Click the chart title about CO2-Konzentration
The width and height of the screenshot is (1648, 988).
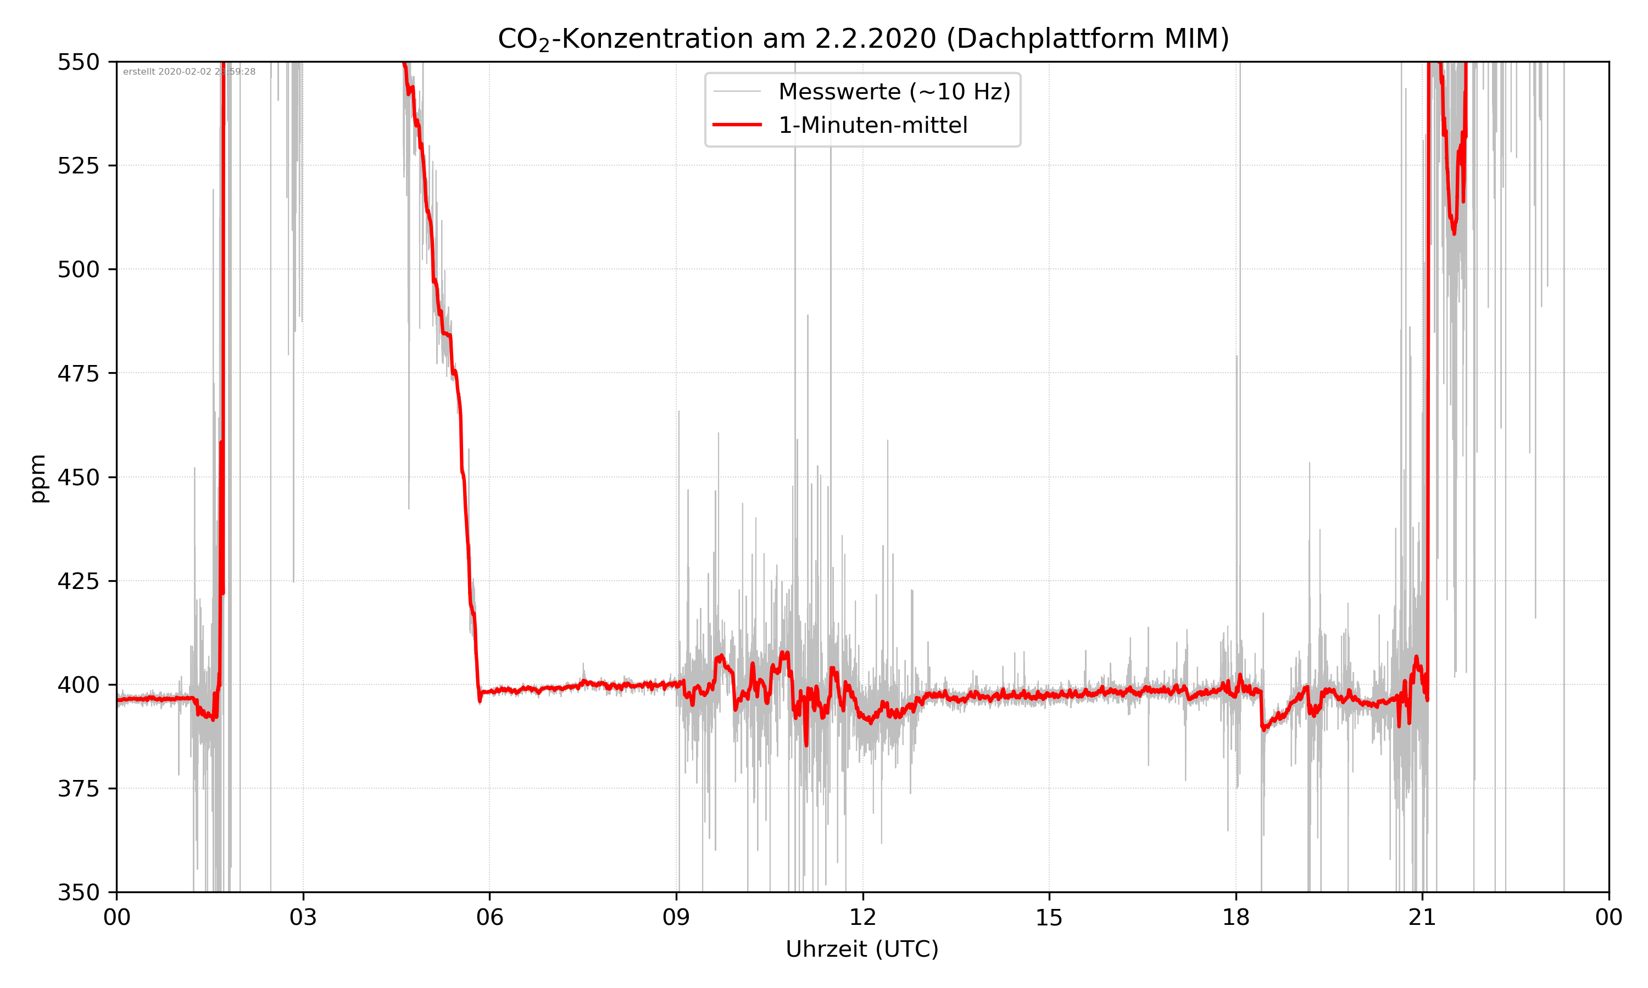(x=862, y=38)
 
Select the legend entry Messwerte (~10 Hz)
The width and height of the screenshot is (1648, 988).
(x=894, y=92)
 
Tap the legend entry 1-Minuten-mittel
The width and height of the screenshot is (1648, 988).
(x=873, y=125)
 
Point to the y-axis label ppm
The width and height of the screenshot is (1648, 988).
(x=38, y=478)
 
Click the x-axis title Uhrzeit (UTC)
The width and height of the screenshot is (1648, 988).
(x=862, y=948)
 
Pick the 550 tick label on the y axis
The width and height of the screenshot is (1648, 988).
(x=78, y=62)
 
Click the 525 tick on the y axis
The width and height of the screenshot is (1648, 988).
(x=78, y=166)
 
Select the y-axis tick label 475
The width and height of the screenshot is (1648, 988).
(x=78, y=373)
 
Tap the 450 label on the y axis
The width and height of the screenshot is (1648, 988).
(x=78, y=478)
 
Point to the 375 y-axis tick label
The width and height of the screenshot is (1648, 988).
(x=78, y=789)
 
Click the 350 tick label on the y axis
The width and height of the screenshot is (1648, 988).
(x=78, y=893)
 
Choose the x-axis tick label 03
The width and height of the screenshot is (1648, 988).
(x=303, y=917)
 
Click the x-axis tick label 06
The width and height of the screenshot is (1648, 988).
(x=489, y=917)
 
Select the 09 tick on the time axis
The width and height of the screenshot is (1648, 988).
(x=676, y=917)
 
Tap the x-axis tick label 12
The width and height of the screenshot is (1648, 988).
(x=862, y=917)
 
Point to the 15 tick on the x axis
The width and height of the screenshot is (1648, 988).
(x=1049, y=917)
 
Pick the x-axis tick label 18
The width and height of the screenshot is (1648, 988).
(x=1235, y=917)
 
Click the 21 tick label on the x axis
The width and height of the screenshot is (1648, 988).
(x=1422, y=917)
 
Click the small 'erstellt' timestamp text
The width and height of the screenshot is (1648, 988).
(x=189, y=72)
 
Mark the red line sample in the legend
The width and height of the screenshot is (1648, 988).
(x=737, y=125)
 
